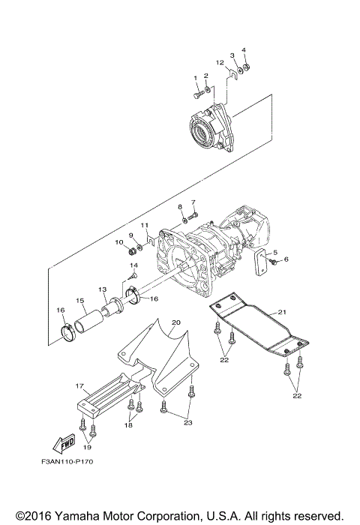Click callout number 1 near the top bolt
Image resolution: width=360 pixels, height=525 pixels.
(195, 78)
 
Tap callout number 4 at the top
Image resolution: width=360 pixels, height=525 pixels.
(243, 50)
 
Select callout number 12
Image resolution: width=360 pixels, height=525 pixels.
(220, 62)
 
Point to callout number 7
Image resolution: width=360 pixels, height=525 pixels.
(193, 202)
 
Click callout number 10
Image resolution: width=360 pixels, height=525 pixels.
(118, 242)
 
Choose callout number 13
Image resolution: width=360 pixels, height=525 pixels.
(103, 289)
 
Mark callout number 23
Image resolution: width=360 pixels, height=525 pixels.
(187, 424)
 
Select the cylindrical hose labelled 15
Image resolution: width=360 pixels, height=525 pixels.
(90, 322)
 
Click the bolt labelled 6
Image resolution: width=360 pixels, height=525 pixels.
(274, 262)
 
